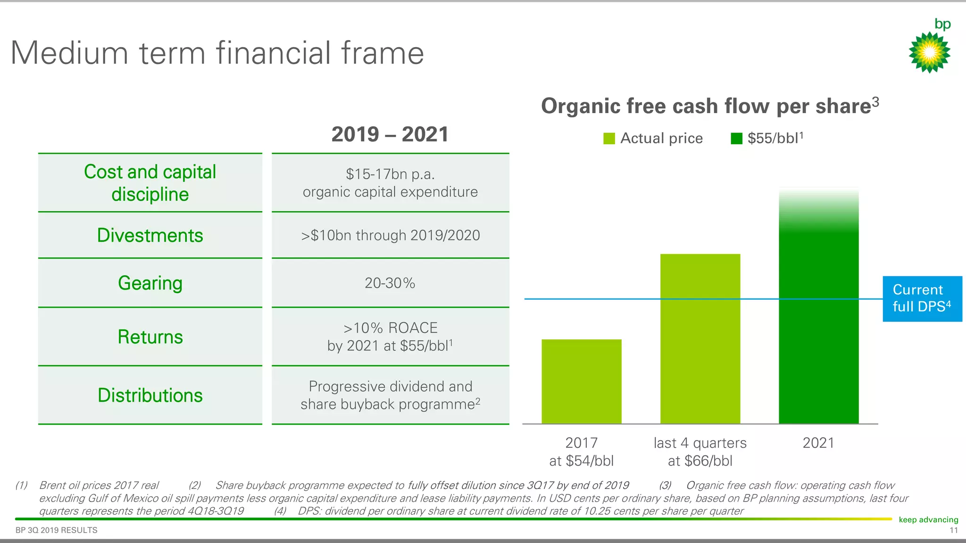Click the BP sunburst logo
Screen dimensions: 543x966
(929, 52)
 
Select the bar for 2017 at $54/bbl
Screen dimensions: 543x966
(581, 381)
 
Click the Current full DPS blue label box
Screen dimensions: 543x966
(922, 299)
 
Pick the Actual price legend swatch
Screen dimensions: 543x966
(609, 139)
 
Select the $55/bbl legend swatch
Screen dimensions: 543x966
(736, 139)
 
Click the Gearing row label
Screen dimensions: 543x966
(150, 283)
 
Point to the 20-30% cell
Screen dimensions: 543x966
(390, 283)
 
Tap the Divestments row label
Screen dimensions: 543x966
(150, 235)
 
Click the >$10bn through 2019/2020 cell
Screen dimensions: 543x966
(390, 235)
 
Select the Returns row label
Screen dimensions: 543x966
(150, 337)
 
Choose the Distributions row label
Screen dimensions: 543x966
(150, 395)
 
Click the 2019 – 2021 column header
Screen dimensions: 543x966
(390, 134)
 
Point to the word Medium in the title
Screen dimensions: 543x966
(69, 53)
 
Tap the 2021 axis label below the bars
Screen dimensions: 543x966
(818, 443)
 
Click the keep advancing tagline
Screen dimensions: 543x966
(928, 519)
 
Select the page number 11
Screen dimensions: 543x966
(953, 530)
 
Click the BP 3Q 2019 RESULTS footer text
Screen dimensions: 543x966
(57, 530)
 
